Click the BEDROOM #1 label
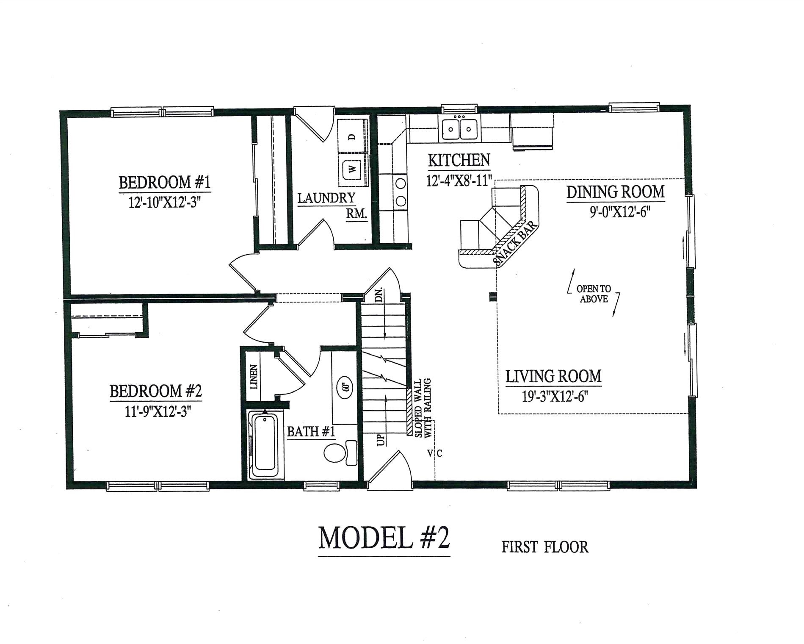click(x=164, y=183)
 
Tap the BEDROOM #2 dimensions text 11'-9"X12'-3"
click(x=158, y=411)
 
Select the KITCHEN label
click(x=459, y=161)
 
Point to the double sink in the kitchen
click(x=459, y=129)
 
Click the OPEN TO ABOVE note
click(x=594, y=294)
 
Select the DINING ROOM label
click(x=615, y=192)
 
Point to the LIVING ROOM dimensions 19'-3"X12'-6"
click(x=555, y=397)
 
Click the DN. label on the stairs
click(x=379, y=294)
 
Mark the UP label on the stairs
click(x=381, y=440)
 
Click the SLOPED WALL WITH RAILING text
click(x=423, y=408)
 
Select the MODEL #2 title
click(x=384, y=538)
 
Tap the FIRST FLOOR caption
click(x=545, y=547)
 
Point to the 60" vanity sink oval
click(x=345, y=387)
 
